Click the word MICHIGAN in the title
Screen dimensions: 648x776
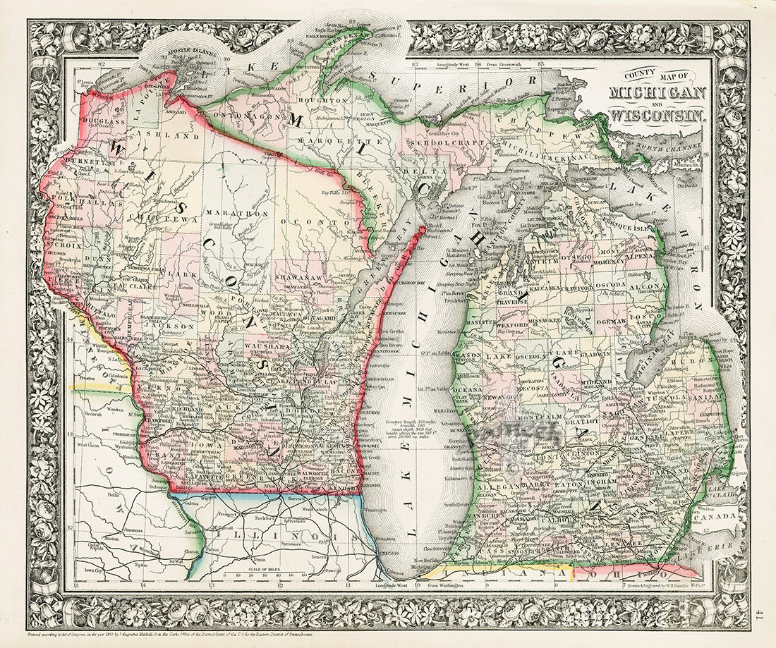(x=657, y=94)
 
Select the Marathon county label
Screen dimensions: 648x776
(x=227, y=212)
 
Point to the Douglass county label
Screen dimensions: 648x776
(x=103, y=121)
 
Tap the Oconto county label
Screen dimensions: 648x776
(x=308, y=221)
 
